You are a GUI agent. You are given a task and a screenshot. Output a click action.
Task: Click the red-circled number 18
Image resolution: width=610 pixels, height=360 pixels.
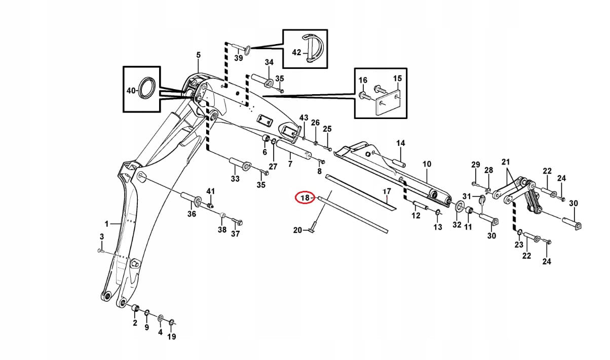tap(304, 197)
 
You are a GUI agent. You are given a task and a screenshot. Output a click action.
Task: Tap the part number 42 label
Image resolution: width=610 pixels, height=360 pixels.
tap(297, 52)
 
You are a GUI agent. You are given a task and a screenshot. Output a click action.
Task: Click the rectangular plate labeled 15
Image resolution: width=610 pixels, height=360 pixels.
tap(388, 103)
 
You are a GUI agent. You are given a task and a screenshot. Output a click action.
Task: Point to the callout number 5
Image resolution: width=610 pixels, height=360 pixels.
tap(198, 55)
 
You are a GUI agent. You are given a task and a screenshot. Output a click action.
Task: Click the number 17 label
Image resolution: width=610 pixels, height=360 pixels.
tap(387, 191)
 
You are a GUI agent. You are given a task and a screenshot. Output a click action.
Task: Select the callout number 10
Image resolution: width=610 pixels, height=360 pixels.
tap(427, 164)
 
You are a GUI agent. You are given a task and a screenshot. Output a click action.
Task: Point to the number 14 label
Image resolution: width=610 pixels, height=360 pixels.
tap(401, 143)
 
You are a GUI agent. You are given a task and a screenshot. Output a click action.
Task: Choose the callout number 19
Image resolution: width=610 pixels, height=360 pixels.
tap(172, 337)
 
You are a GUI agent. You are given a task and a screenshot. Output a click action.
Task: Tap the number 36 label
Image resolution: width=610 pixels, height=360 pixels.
tap(192, 214)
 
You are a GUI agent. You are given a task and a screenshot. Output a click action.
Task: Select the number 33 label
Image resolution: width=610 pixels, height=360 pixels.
tap(235, 179)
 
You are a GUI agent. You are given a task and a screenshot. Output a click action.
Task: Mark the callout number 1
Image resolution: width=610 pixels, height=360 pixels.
tap(107, 223)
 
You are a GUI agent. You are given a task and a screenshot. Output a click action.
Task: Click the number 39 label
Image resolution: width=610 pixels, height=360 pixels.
tap(238, 58)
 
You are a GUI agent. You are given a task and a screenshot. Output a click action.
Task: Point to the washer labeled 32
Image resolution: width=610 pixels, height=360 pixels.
tap(459, 206)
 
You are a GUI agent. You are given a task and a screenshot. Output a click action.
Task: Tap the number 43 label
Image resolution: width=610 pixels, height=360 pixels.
tap(303, 118)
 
